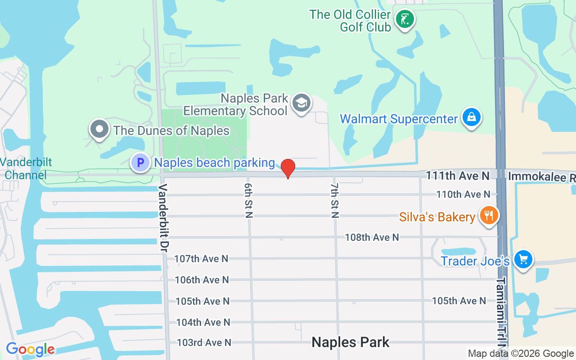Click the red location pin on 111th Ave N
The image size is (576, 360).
[x=288, y=168]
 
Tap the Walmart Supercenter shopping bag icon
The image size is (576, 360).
[x=471, y=117]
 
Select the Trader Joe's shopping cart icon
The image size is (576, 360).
[x=523, y=260]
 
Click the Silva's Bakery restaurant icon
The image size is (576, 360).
[x=488, y=216]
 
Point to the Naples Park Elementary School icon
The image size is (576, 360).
[x=301, y=103]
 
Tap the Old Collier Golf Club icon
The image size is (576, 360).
[x=405, y=19]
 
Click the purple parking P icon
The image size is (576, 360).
[x=140, y=162]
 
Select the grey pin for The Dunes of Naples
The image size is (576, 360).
[x=99, y=129]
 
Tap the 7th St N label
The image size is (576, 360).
[x=335, y=200]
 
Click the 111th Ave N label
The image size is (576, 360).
[x=458, y=176]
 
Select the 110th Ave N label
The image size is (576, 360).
[x=463, y=194]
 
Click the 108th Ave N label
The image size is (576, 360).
[x=372, y=237]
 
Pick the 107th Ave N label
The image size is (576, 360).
[x=201, y=259]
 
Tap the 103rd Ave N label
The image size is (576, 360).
[x=204, y=343]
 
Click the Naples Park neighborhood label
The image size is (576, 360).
[x=351, y=342]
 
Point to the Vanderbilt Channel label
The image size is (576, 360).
[x=26, y=169]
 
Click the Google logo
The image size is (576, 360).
[x=30, y=349]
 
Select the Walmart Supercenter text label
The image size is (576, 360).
[x=399, y=119]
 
